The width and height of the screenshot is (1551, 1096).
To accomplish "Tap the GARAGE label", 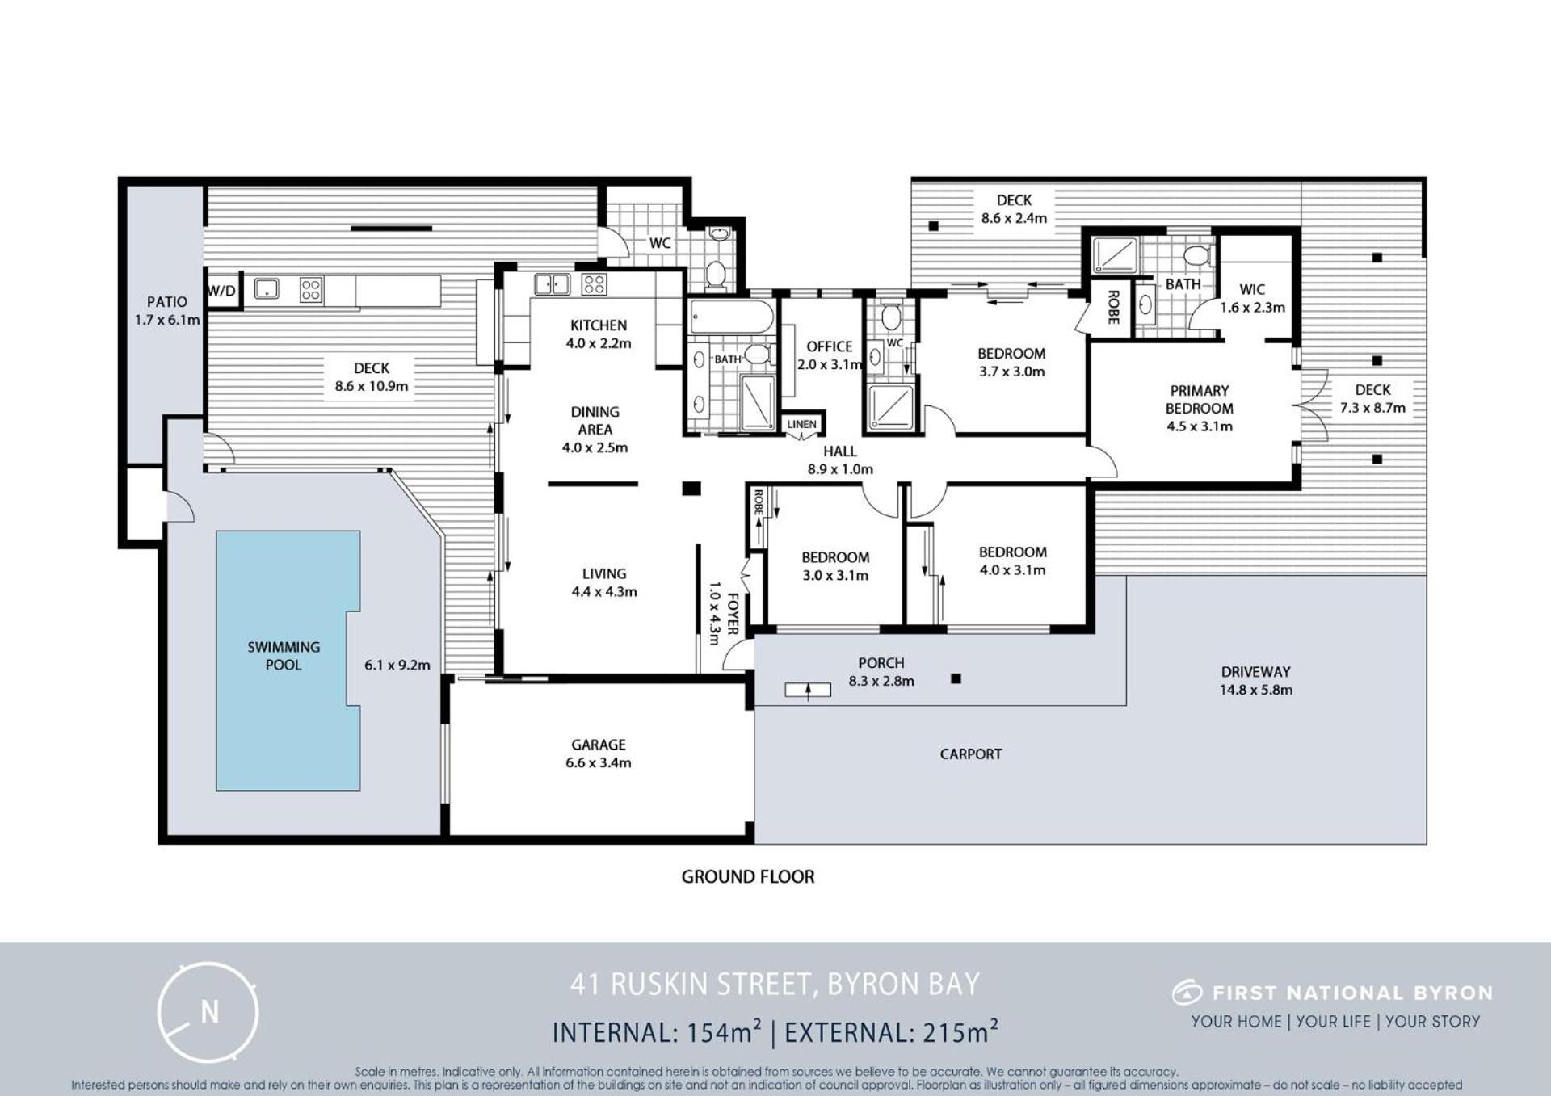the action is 599,744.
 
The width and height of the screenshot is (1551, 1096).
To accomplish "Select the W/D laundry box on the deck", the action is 223,290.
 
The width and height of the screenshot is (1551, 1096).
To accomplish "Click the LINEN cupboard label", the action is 801,424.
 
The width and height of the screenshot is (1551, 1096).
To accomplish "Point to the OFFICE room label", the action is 830,346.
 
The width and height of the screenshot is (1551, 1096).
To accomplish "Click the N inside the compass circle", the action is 209,1011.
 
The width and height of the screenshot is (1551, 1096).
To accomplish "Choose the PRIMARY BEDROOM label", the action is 1200,399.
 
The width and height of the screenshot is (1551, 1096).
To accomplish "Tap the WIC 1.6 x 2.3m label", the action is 1252,298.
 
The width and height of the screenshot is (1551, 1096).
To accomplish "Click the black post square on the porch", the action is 956,679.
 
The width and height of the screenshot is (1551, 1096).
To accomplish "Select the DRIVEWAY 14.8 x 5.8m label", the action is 1256,680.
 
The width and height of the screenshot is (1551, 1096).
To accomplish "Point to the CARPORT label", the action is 971,754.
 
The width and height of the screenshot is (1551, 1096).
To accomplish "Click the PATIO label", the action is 167,302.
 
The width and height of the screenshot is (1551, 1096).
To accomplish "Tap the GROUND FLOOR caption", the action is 748,876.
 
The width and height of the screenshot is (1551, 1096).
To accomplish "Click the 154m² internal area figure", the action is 724,1031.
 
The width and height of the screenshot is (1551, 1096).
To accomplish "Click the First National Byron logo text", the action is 1352,993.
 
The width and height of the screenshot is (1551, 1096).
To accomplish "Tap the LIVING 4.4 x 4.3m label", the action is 604,582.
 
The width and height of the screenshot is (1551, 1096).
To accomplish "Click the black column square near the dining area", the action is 691,488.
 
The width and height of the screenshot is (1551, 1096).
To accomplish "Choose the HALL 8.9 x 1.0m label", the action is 840,460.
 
